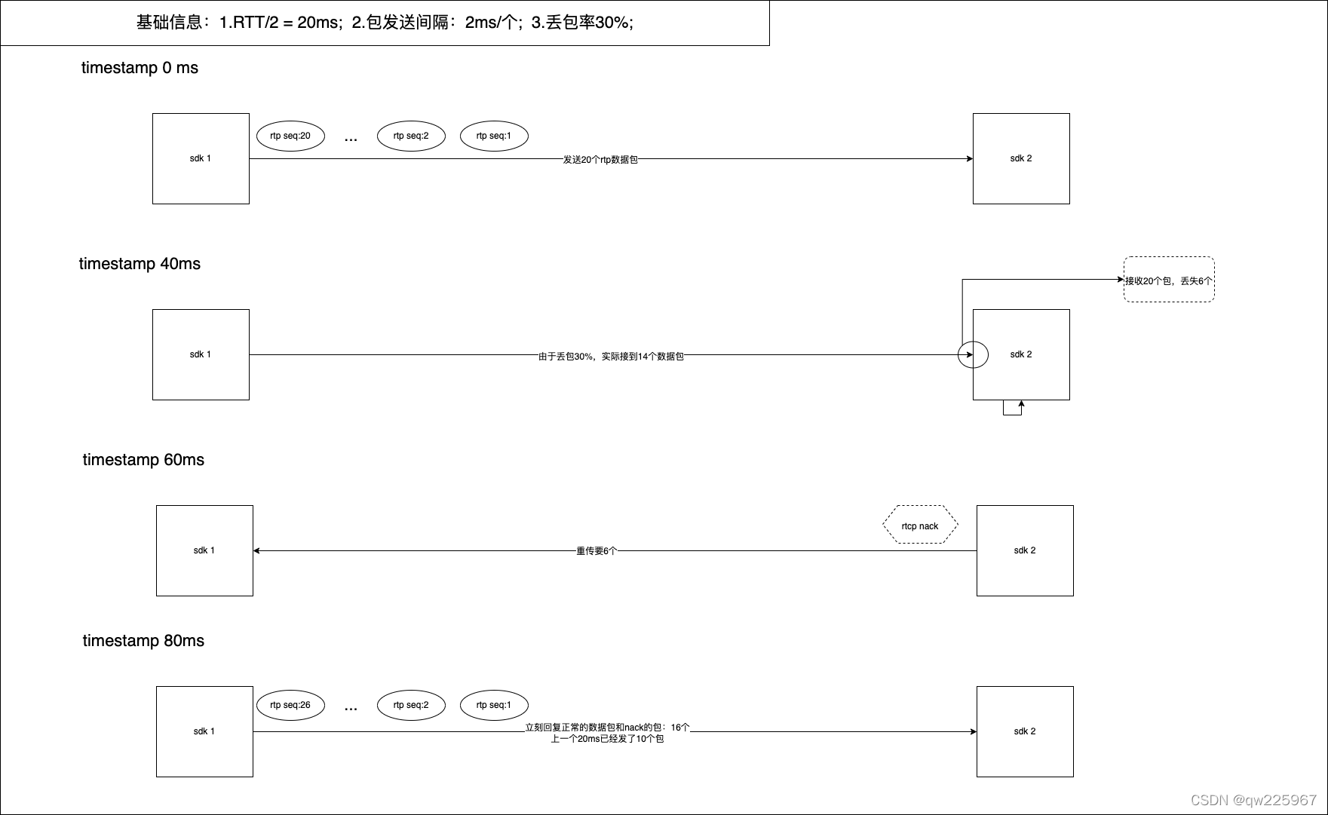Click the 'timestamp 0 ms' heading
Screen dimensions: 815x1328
[140, 68]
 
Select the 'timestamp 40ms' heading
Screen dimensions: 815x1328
[140, 264]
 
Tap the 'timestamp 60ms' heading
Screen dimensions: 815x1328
[143, 460]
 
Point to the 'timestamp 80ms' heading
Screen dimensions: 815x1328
[143, 641]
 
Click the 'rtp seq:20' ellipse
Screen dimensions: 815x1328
[290, 136]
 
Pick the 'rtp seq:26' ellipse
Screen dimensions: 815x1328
[290, 706]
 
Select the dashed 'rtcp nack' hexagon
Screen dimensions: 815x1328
[920, 525]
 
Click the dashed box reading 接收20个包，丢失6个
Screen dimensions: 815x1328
[1169, 280]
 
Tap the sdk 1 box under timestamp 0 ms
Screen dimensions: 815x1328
[201, 158]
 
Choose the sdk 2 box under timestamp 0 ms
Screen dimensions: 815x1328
[1021, 158]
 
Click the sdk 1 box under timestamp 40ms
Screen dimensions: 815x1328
[201, 354]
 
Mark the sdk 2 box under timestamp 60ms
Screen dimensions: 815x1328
[1025, 550]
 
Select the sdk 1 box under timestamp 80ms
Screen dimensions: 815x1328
[204, 731]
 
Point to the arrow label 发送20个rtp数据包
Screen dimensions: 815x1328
[600, 160]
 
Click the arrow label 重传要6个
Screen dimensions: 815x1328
[597, 551]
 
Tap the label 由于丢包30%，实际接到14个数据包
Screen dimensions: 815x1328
[611, 357]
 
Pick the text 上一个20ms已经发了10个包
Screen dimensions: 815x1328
[607, 740]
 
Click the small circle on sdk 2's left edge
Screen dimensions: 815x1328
[973, 354]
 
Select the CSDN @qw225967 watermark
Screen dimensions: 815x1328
[1253, 800]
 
